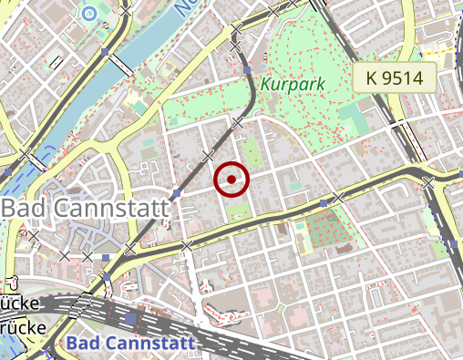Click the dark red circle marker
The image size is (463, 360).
pos(231,180)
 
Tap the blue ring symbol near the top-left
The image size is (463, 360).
pos(88,13)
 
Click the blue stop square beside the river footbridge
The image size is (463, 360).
pos(106,53)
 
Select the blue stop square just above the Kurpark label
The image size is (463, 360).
pos(247,69)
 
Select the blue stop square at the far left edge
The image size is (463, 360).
pos(7,170)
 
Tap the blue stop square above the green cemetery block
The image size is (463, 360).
pos(324,202)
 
